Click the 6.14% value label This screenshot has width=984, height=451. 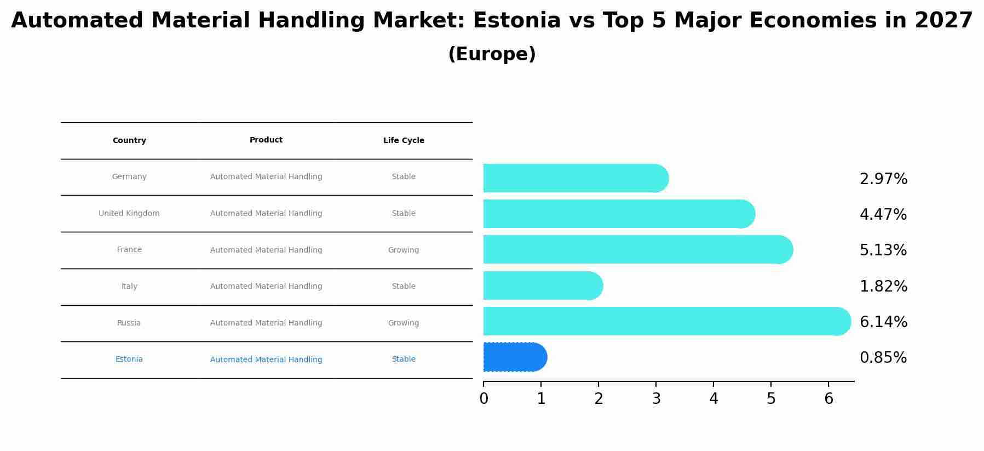[x=883, y=322]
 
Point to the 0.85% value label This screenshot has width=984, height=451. [x=883, y=358]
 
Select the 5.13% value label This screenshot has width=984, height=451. [x=883, y=250]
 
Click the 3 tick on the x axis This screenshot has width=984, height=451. [x=656, y=399]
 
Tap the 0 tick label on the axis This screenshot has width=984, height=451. [x=484, y=399]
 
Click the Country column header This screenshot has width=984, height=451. [x=129, y=141]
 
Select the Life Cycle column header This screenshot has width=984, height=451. [x=404, y=141]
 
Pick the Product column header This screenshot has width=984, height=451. [x=266, y=140]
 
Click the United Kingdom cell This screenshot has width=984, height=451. [x=129, y=214]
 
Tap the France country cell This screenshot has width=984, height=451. [x=129, y=250]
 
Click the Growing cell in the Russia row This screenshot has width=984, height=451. [x=404, y=323]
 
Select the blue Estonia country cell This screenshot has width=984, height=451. [x=129, y=359]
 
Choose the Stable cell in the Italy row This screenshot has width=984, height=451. [x=404, y=287]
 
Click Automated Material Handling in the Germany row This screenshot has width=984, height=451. [x=266, y=177]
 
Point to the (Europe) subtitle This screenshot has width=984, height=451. [x=492, y=54]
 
